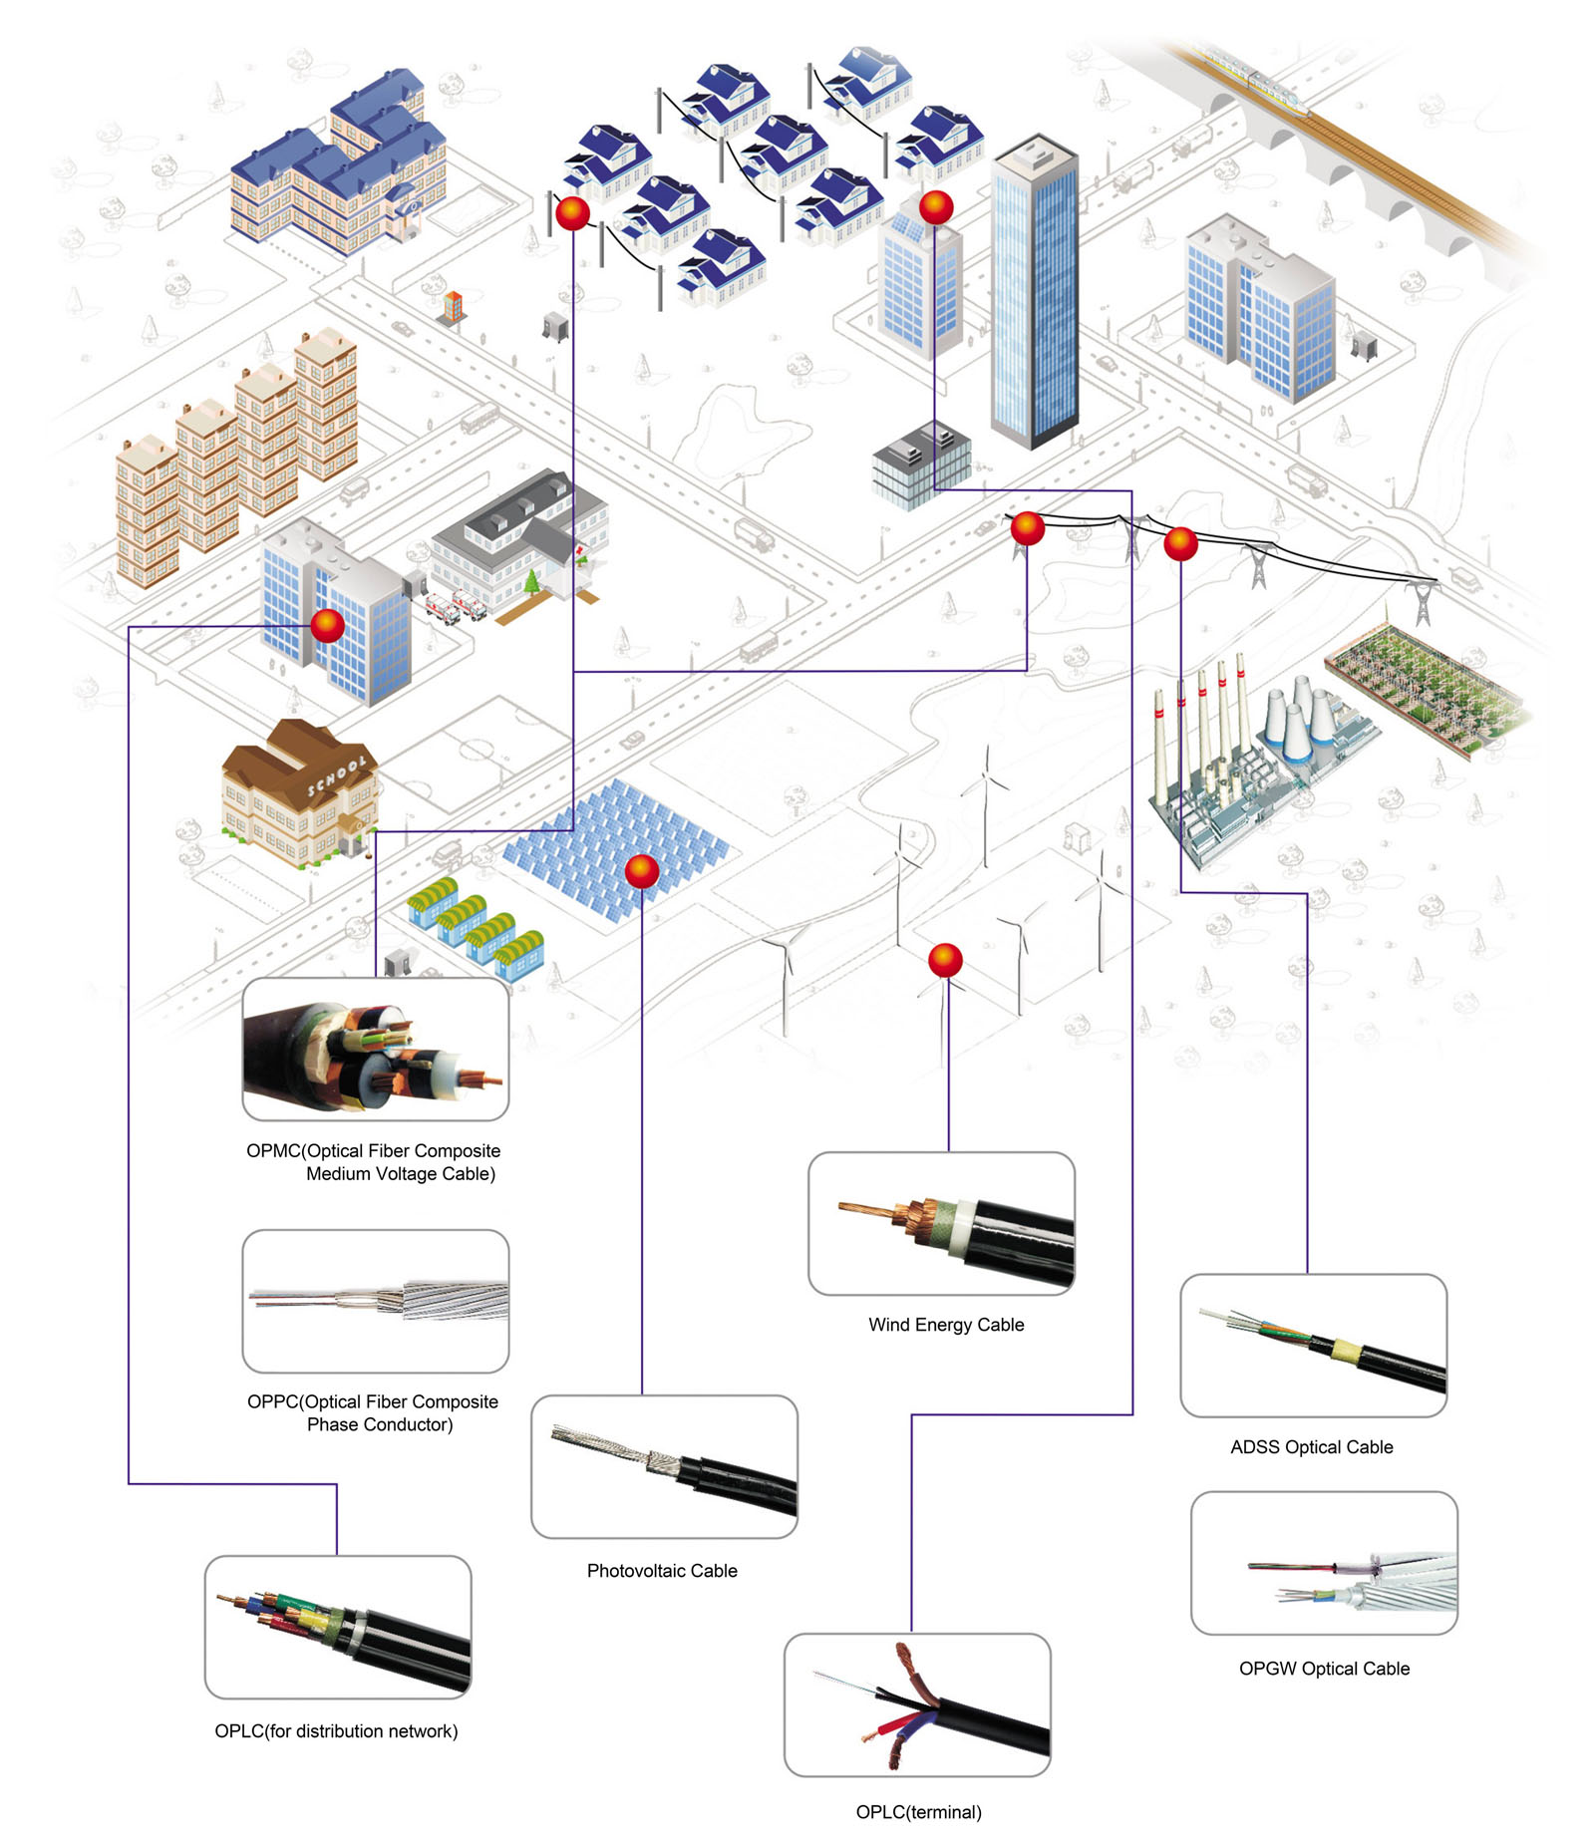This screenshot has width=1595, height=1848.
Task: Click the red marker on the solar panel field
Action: [x=642, y=871]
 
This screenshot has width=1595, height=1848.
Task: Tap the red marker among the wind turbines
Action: [x=945, y=960]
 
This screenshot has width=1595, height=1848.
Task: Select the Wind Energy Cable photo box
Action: [x=941, y=1223]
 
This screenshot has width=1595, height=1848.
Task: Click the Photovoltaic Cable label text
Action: [x=662, y=1570]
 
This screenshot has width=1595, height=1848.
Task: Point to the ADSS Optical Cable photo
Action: [x=1313, y=1345]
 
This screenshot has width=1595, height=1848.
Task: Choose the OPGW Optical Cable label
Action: [x=1324, y=1668]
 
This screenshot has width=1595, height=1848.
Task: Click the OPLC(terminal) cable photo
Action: [x=917, y=1703]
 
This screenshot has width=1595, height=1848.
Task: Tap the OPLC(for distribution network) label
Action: [x=336, y=1730]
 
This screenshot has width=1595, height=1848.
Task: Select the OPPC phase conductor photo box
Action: [x=376, y=1300]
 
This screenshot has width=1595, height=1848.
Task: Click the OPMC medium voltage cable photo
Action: [x=376, y=1049]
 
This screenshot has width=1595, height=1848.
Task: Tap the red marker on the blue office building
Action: [x=328, y=625]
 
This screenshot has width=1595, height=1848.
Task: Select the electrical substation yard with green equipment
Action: [x=1426, y=688]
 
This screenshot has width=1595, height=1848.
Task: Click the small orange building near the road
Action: [x=454, y=306]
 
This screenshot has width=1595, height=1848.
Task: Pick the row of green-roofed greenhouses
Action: [x=477, y=927]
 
